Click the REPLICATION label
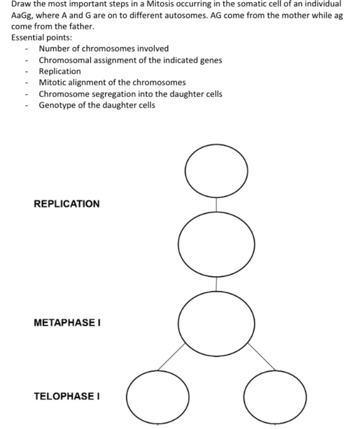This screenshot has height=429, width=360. [67, 204]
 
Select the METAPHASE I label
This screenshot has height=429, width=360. [67, 322]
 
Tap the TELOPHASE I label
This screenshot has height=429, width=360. [67, 396]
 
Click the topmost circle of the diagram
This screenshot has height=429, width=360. [216, 170]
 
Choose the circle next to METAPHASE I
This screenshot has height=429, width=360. [216, 323]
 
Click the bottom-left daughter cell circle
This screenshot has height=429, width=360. [157, 397]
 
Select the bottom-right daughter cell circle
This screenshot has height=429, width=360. [275, 397]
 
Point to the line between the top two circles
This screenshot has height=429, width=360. [216, 204]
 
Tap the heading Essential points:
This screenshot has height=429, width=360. [41, 37]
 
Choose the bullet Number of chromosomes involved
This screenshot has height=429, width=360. [103, 49]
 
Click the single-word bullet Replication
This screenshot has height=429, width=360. [60, 71]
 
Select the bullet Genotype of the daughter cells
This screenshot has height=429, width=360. [97, 105]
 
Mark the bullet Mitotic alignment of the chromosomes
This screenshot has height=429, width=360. [112, 82]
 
